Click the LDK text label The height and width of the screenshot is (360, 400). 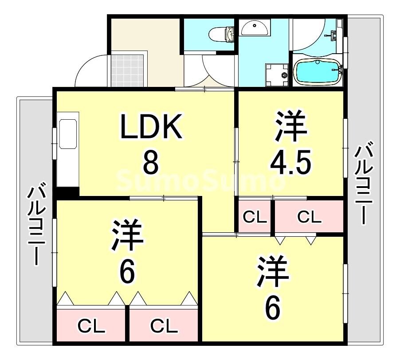pyautogui.click(x=151, y=127)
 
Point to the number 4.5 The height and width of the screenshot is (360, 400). pyautogui.click(x=291, y=163)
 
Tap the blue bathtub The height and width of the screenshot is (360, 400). pyautogui.click(x=318, y=72)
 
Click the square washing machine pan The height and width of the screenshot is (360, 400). pyautogui.click(x=275, y=74)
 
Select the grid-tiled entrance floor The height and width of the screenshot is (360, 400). pyautogui.click(x=128, y=70)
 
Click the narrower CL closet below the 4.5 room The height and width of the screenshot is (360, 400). pyautogui.click(x=254, y=217)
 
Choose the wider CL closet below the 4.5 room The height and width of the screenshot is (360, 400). pyautogui.click(x=309, y=217)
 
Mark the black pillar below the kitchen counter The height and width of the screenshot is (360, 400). pyautogui.click(x=67, y=192)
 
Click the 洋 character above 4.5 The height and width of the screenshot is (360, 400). pyautogui.click(x=291, y=126)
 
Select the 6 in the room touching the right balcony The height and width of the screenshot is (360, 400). pyautogui.click(x=272, y=307)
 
